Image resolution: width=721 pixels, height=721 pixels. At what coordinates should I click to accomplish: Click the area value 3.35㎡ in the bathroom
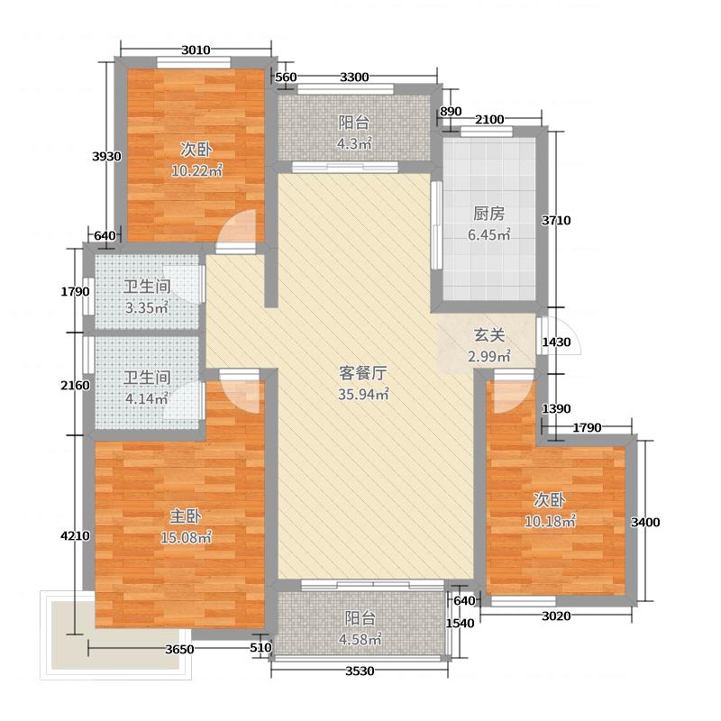(146, 308)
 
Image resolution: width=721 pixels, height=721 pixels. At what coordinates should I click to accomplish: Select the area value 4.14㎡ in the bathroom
(146, 397)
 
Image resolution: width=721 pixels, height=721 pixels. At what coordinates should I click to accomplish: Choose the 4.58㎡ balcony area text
(360, 640)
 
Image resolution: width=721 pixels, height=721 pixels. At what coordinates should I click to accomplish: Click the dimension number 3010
(196, 50)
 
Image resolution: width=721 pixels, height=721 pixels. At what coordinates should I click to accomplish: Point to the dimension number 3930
(106, 156)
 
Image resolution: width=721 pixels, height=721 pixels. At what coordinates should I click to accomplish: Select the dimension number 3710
(557, 220)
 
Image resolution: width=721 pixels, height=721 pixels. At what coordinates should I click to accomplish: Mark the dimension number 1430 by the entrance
(555, 342)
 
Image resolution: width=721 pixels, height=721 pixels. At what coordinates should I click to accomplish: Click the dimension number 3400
(645, 522)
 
